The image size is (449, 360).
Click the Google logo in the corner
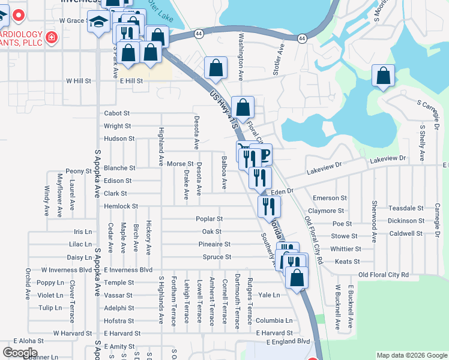pyautogui.click(x=20, y=353)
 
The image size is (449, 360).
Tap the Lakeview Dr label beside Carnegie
pyautogui.click(x=388, y=159)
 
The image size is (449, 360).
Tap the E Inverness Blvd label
pyautogui.click(x=128, y=270)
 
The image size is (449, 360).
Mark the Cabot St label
pyautogui.click(x=116, y=113)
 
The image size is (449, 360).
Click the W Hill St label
pyautogui.click(x=79, y=80)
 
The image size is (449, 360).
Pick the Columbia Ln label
pyautogui.click(x=274, y=320)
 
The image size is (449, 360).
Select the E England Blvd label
pyautogui.click(x=282, y=341)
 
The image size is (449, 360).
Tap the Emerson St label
pyautogui.click(x=330, y=198)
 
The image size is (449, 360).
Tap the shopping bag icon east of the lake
pyautogui.click(x=382, y=76)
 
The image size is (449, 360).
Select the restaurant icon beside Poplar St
pyautogui.click(x=268, y=206)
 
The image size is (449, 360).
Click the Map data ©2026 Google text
pyautogui.click(x=411, y=356)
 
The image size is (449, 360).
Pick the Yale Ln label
pyautogui.click(x=269, y=295)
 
